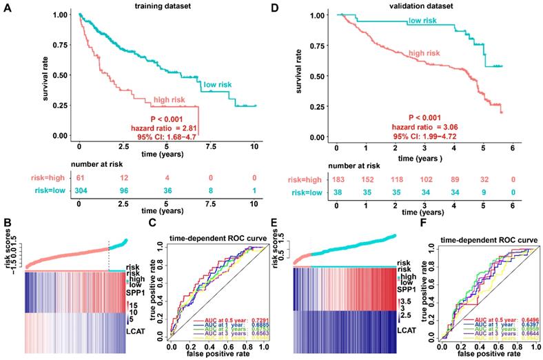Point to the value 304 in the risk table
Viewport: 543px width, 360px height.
click(80, 193)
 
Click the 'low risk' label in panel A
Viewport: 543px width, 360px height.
click(214, 83)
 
